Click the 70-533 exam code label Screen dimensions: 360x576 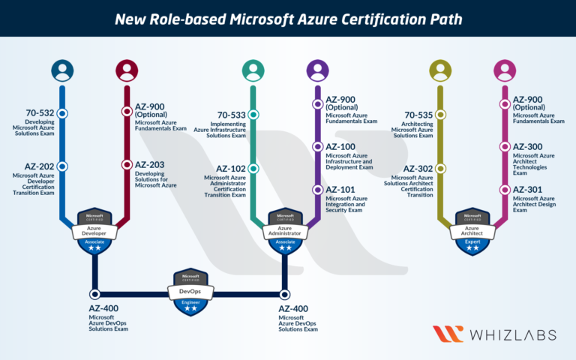point(232,115)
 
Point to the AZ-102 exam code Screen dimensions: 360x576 point(232,169)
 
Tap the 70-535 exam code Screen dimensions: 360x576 point(418,115)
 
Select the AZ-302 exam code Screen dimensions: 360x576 point(418,169)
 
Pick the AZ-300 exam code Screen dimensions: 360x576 point(528,146)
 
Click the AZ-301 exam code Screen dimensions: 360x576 point(528,190)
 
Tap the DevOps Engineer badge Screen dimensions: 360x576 point(190,292)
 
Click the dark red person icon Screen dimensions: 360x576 point(127,70)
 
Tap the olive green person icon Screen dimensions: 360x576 point(440,70)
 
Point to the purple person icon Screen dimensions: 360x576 point(318,70)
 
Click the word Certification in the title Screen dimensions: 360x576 point(374,18)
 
